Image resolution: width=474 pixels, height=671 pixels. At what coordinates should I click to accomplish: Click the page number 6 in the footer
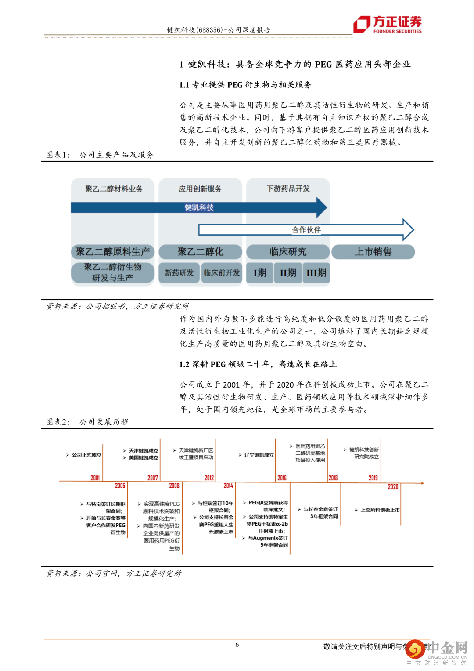[237, 645]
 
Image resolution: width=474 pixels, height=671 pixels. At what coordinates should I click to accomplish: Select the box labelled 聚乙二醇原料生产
[113, 252]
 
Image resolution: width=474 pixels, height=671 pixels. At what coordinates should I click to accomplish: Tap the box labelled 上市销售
[373, 252]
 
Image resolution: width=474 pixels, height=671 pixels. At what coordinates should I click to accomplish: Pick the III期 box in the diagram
[316, 273]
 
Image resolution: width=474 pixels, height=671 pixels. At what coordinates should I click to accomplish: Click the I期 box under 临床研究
[260, 273]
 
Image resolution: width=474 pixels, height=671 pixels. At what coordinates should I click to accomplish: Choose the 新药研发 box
[179, 273]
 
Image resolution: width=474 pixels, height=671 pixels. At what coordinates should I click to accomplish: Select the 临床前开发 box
[222, 273]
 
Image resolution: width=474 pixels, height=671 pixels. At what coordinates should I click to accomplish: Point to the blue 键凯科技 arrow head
[322, 207]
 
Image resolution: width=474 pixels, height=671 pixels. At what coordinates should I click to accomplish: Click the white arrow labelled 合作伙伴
[306, 230]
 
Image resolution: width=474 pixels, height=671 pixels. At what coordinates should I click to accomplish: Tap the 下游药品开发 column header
[288, 189]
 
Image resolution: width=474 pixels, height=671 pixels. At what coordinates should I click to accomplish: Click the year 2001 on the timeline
[95, 478]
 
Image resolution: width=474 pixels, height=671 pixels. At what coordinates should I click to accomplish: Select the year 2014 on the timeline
[228, 486]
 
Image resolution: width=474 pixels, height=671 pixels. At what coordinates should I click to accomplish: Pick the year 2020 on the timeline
[393, 486]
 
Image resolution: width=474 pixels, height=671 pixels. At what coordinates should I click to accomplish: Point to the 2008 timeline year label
[174, 486]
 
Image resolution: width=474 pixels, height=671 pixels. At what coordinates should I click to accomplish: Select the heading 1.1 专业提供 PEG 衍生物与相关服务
[245, 85]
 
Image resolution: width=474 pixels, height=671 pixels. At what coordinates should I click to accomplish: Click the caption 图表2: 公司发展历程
[88, 422]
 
